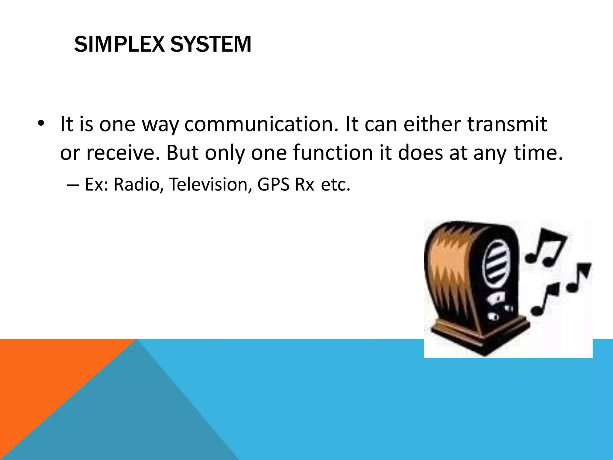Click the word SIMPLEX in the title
tap(119, 45)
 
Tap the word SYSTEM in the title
tap(211, 45)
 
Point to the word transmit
tap(507, 124)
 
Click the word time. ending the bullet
tap(538, 153)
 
